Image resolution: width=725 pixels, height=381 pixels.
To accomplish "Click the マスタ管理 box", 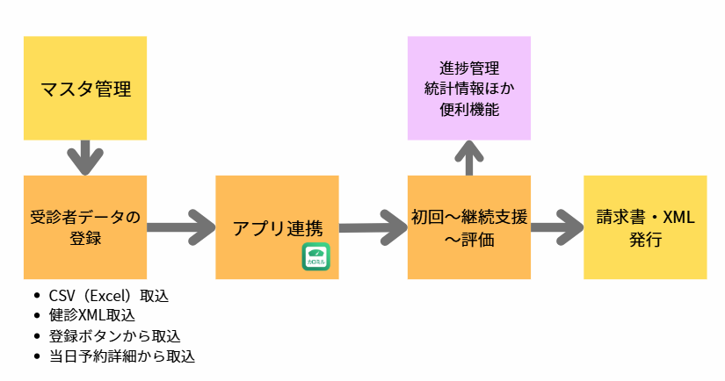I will (85, 88).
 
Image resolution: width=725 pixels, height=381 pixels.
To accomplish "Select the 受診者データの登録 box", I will (85, 227).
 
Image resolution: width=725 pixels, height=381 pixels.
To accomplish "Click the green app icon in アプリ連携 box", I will (315, 256).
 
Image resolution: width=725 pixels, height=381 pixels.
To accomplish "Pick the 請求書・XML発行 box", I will (645, 227).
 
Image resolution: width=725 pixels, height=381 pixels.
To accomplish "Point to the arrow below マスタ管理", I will (85, 157).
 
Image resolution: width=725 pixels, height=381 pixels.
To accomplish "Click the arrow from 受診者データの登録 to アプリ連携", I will (181, 227).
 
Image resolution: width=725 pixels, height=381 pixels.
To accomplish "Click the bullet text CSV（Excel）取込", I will (109, 296).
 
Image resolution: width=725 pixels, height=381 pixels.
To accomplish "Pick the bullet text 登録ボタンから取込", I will (115, 336).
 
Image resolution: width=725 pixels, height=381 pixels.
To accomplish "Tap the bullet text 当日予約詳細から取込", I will (121, 356).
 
